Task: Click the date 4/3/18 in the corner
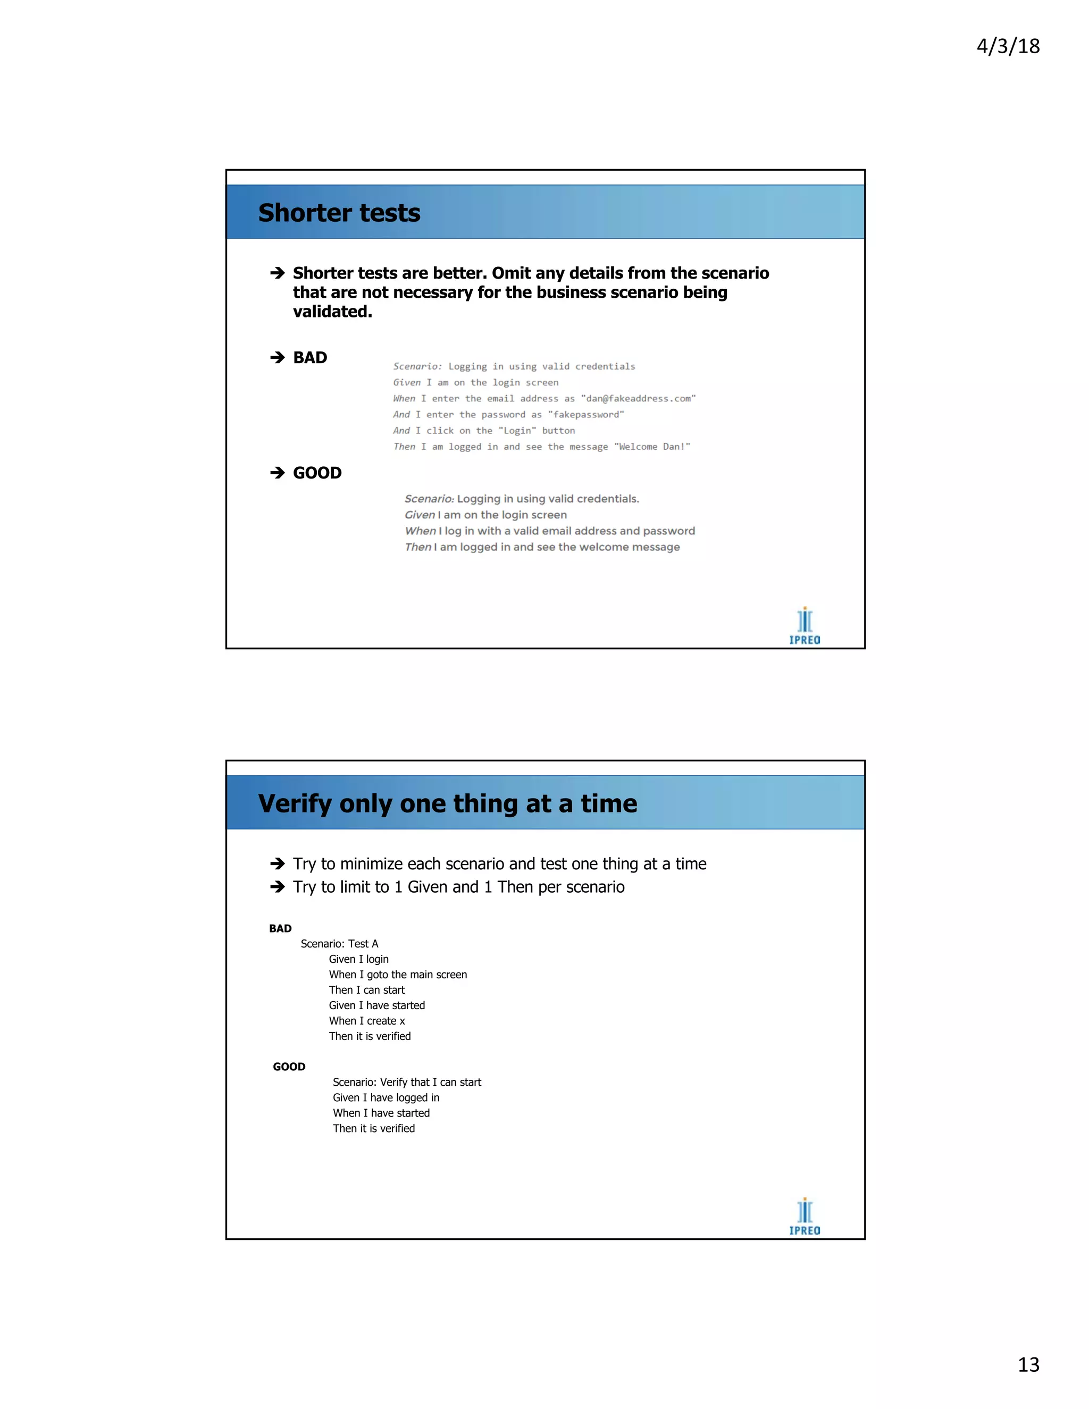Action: [1008, 46]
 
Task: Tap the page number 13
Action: [1028, 1364]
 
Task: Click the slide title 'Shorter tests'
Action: [339, 213]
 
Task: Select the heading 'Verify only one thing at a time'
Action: [448, 804]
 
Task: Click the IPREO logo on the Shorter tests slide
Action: [805, 626]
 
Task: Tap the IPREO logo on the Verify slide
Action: [805, 1217]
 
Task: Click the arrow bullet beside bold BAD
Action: [278, 357]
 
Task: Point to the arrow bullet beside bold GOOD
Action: [278, 473]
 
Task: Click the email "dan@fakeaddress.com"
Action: [638, 399]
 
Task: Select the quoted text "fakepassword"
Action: [586, 415]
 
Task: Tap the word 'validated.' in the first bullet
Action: [333, 312]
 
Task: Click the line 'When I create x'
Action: [367, 1021]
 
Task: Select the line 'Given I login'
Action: [359, 959]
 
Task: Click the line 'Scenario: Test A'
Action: [339, 944]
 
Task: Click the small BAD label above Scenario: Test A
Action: [281, 928]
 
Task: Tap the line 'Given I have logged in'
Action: [386, 1097]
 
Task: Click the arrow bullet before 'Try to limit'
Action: [278, 887]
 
